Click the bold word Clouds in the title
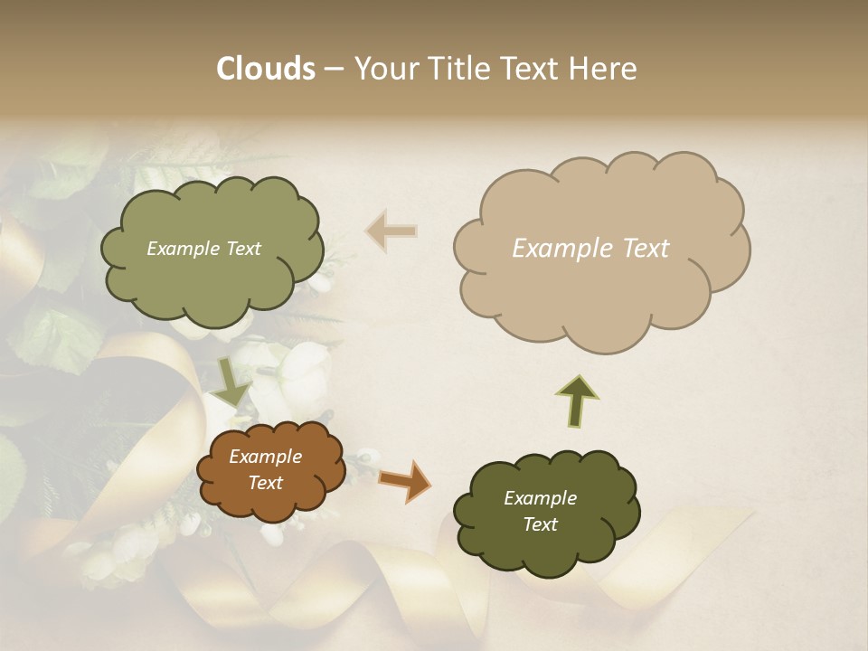pos(266,69)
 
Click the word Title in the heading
pos(458,69)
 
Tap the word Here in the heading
pos(604,69)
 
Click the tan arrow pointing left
pos(392,231)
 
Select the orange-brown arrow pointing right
pos(404,481)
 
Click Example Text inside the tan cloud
pos(590,249)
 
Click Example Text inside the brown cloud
pos(265,469)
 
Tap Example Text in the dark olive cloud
pos(540,511)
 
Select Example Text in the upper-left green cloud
pos(203,249)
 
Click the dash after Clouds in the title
pos(334,69)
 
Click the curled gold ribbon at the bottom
pos(506,579)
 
